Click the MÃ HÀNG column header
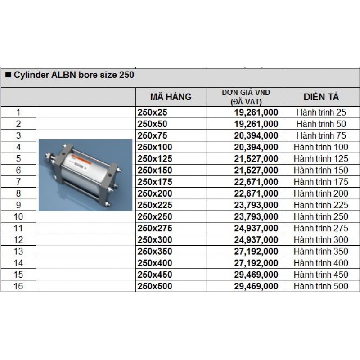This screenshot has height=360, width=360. (171, 97)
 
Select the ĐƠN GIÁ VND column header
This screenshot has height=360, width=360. (246, 97)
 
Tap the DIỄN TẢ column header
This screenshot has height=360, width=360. (321, 97)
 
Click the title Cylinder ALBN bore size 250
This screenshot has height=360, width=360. (74, 75)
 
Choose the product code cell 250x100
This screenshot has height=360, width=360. (155, 147)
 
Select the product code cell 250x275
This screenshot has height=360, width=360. (155, 228)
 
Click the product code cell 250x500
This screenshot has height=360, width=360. (155, 286)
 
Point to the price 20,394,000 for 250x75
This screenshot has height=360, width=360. (256, 135)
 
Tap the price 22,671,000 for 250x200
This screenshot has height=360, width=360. (256, 193)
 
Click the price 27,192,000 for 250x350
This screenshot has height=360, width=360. (256, 251)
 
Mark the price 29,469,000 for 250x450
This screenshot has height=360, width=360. (256, 274)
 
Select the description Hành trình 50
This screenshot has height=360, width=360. (321, 124)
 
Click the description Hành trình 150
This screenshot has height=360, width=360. (321, 170)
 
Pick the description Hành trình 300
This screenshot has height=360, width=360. (321, 240)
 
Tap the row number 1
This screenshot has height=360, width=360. (18, 112)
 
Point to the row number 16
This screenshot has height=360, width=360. (18, 286)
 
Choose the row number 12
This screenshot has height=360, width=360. (18, 240)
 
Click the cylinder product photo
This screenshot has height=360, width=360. (85, 175)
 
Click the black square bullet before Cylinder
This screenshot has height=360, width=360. (8, 75)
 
